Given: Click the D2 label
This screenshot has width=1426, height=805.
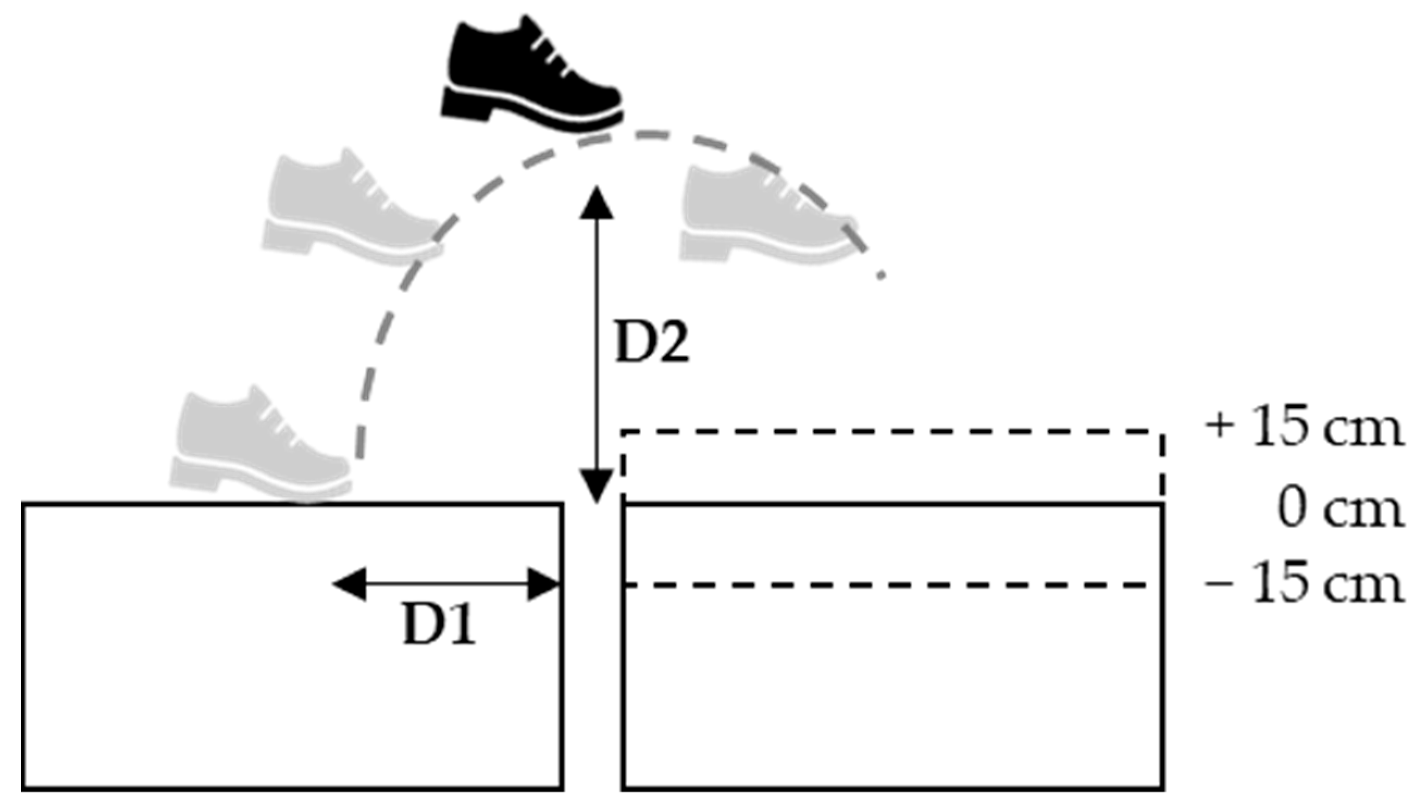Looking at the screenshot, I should tap(652, 344).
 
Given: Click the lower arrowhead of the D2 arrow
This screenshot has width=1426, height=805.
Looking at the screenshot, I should tap(596, 487).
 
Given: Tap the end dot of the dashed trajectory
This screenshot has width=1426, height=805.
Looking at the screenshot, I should tap(882, 275).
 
